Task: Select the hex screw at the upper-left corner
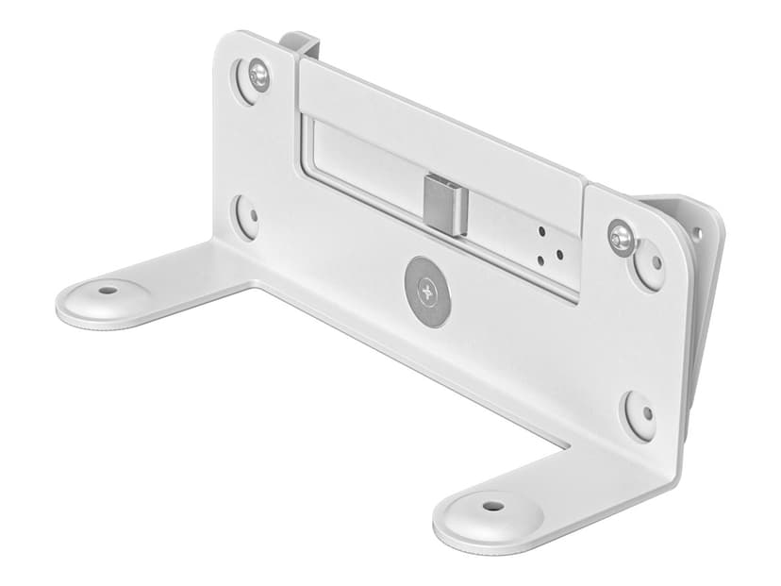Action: coord(257,73)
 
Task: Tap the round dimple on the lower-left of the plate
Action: coord(247,217)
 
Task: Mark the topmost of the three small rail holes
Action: coord(542,231)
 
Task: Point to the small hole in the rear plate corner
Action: coord(697,231)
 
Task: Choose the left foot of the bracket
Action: coord(132,297)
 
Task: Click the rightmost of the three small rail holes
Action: coord(559,253)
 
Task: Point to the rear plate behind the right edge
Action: coord(703,283)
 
